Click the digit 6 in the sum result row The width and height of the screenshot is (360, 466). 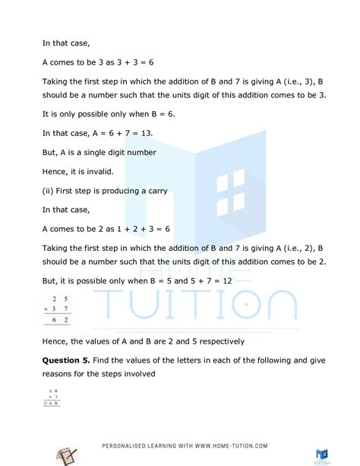55,321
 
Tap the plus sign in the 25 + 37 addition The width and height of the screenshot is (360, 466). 46,309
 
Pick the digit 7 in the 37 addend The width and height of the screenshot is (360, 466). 66,309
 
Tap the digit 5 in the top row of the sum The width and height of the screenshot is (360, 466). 66,298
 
